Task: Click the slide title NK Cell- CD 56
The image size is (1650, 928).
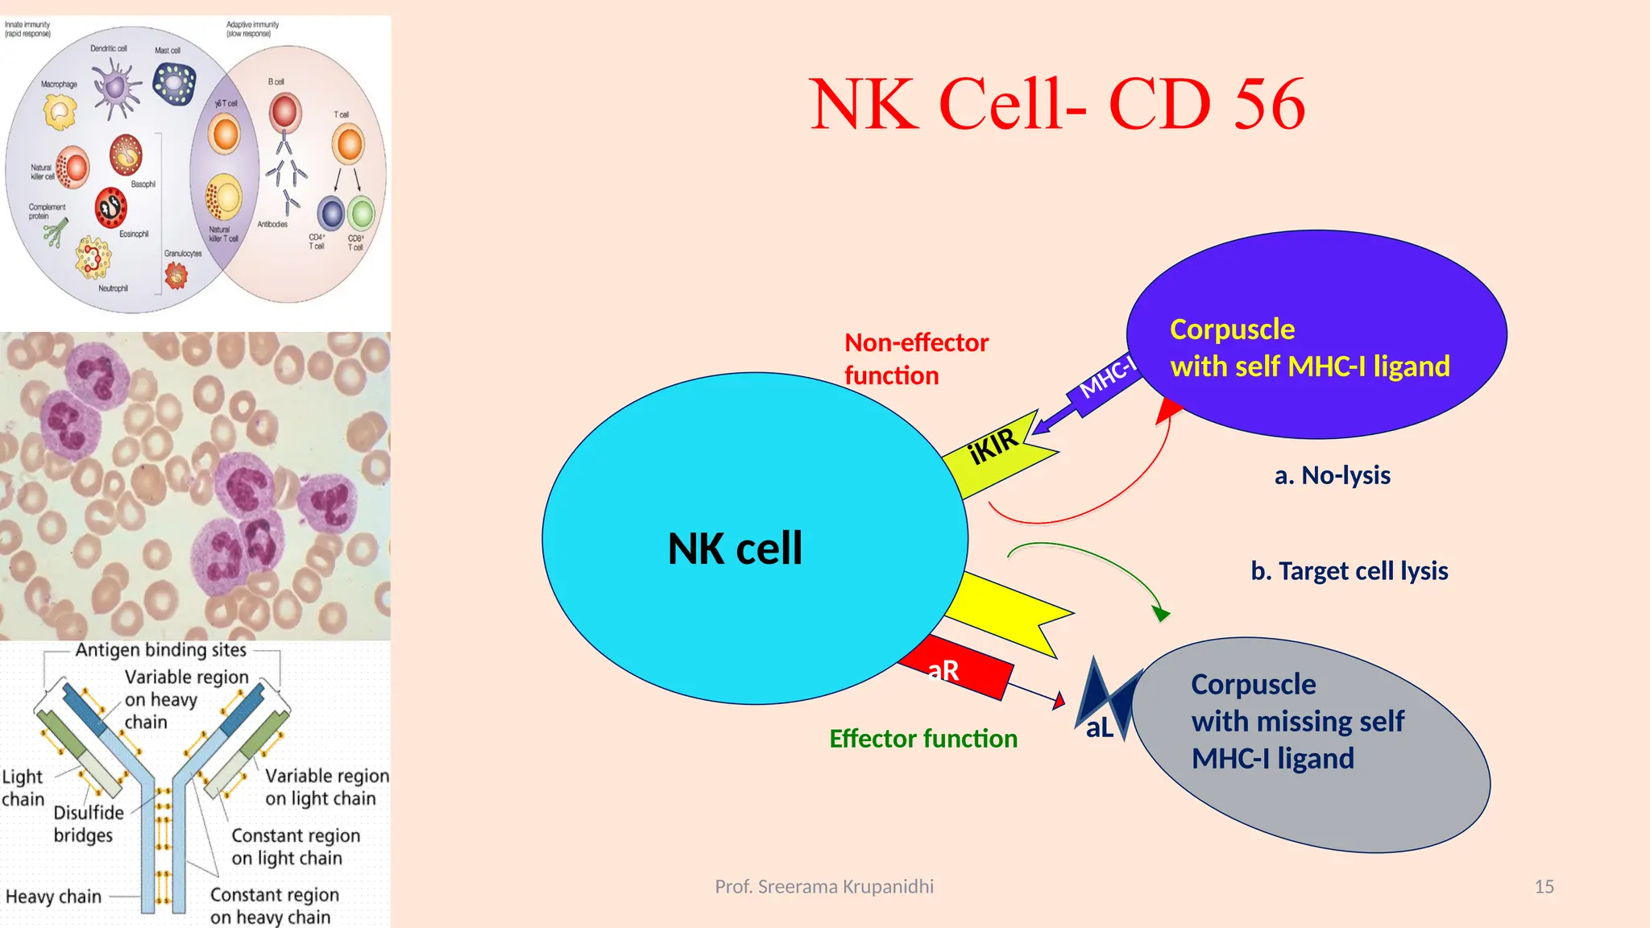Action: click(x=1056, y=105)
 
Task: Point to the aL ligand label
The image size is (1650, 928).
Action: click(x=1099, y=728)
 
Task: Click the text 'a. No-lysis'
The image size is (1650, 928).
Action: click(x=1332, y=475)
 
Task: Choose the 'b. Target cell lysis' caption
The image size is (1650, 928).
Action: click(x=1349, y=571)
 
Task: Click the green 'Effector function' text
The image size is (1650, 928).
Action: click(x=923, y=739)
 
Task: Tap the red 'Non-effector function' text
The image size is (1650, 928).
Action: click(x=916, y=359)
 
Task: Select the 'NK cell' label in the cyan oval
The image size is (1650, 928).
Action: click(x=735, y=549)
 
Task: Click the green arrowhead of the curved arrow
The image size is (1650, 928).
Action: click(x=1160, y=614)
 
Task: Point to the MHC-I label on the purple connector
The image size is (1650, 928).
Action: click(x=1107, y=377)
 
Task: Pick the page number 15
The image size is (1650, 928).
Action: click(x=1544, y=887)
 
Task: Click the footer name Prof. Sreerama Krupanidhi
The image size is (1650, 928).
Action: click(x=824, y=887)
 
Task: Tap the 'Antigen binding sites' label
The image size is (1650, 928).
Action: click(x=160, y=650)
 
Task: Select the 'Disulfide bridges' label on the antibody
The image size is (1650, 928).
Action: click(x=88, y=824)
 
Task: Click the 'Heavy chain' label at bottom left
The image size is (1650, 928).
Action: click(x=53, y=897)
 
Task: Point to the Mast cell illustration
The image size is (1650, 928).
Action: click(x=174, y=83)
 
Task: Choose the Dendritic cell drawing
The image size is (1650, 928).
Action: click(x=117, y=87)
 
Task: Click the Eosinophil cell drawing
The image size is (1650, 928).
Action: click(x=111, y=208)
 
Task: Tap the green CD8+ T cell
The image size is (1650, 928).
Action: click(x=362, y=214)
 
